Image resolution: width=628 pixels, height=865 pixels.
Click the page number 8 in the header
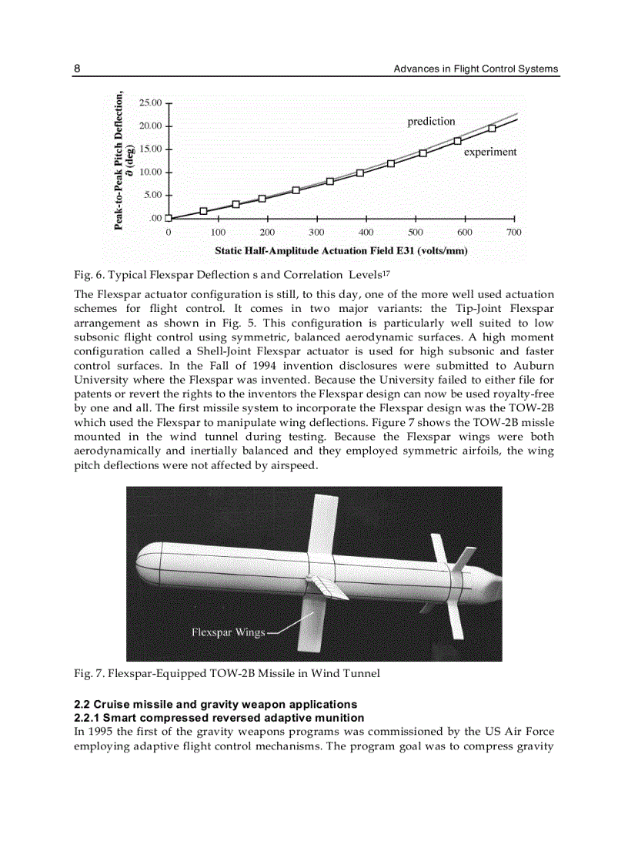(77, 69)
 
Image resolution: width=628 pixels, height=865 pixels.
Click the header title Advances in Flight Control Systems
(476, 69)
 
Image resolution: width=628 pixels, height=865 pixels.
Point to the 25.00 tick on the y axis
(150, 102)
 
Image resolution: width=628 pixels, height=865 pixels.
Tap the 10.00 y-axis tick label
(150, 172)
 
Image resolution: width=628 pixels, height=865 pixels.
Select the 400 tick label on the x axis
(366, 232)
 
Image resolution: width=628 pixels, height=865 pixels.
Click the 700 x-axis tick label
(513, 232)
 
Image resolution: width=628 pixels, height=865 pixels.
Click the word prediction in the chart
(431, 121)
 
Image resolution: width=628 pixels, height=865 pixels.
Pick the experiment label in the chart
(489, 152)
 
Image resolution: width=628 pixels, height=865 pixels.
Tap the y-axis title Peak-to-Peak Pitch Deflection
(119, 160)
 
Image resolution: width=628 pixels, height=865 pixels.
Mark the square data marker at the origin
(169, 218)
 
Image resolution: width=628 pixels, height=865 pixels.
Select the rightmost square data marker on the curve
(492, 128)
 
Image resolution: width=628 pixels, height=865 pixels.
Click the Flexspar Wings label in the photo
(228, 632)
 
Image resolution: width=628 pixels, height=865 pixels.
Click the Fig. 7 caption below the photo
(227, 673)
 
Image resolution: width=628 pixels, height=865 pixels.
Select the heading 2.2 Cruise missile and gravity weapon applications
(215, 704)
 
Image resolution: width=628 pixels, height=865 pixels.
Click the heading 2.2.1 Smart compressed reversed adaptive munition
(219, 717)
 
